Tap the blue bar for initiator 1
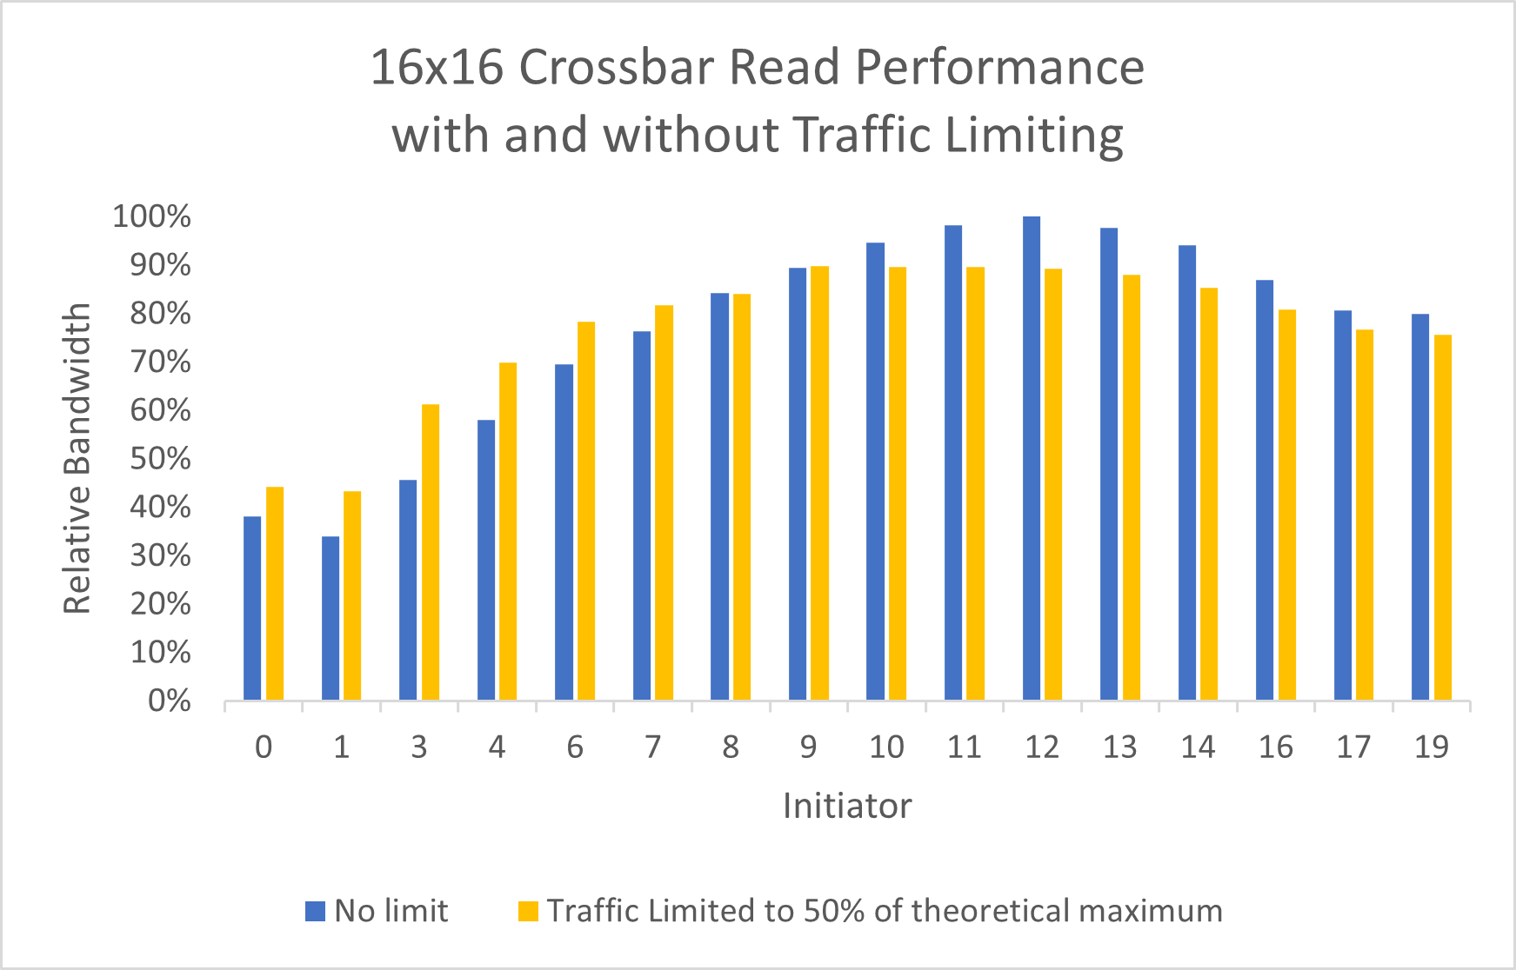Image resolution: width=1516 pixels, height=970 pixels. pyautogui.click(x=331, y=618)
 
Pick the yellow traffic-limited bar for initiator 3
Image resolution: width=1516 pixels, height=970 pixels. pyautogui.click(x=431, y=552)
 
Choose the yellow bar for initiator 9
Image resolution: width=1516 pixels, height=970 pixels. pyautogui.click(x=819, y=483)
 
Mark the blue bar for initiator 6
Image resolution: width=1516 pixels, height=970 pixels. pyautogui.click(x=564, y=532)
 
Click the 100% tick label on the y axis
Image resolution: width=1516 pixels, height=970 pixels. pyautogui.click(x=151, y=216)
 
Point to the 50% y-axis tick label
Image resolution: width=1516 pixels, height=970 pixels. pyautogui.click(x=160, y=459)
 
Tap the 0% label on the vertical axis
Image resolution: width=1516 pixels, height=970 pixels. pyautogui.click(x=169, y=701)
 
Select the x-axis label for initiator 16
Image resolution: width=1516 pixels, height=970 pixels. pyautogui.click(x=1275, y=747)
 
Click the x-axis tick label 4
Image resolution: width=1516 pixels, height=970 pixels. pyautogui.click(x=497, y=747)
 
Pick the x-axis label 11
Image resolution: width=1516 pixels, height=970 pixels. pyautogui.click(x=964, y=747)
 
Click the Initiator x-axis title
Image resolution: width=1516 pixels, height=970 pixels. pyautogui.click(x=846, y=806)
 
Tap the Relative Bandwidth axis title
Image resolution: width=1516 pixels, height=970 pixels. pyautogui.click(x=77, y=458)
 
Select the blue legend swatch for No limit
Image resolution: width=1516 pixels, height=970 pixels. pyautogui.click(x=315, y=911)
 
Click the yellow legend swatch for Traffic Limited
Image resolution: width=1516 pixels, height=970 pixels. pyautogui.click(x=528, y=911)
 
